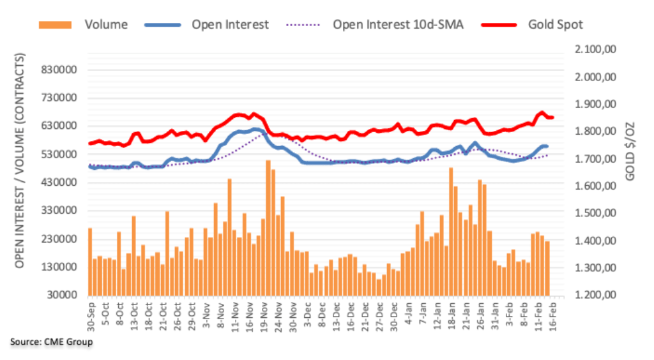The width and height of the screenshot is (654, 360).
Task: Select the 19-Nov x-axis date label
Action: coord(262,313)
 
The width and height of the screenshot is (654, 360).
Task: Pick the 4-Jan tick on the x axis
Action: coord(406,313)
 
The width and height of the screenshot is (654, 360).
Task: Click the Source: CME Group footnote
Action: coord(52,343)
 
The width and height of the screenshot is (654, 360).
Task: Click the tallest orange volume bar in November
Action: coord(268,227)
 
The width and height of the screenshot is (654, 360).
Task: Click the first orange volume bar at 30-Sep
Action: coord(90,261)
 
